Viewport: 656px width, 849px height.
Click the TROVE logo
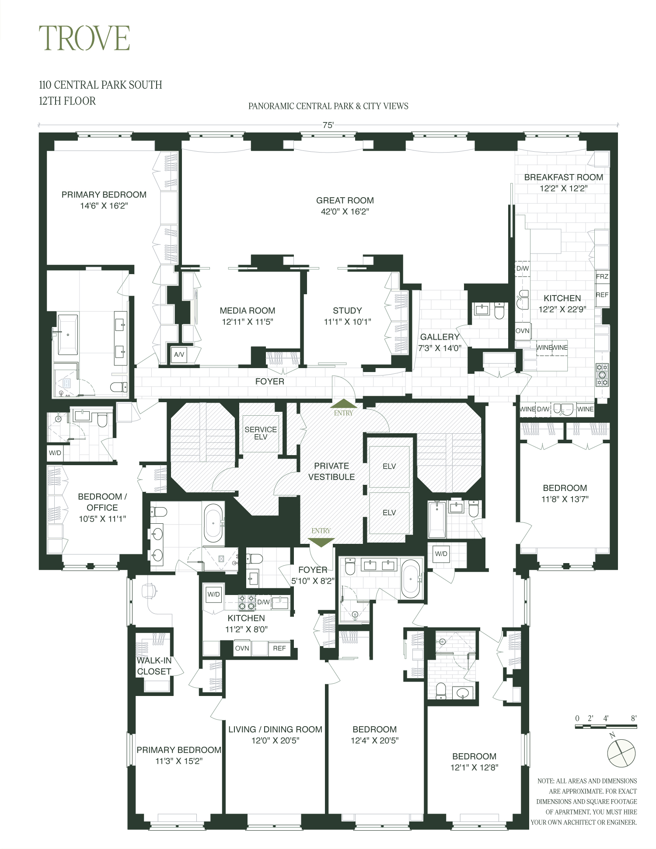click(84, 38)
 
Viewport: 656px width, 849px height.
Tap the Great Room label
click(345, 201)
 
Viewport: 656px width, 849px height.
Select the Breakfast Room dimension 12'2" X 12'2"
click(563, 189)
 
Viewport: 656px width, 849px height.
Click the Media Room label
click(247, 311)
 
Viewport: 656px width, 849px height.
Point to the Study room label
click(347, 311)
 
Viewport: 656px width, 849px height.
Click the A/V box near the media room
click(179, 355)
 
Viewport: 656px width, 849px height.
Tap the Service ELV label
click(261, 433)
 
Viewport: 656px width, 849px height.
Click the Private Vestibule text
click(331, 471)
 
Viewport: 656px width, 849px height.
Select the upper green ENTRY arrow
click(343, 404)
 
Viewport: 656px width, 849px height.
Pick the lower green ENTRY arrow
click(321, 542)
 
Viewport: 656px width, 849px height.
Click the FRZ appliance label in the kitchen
click(602, 276)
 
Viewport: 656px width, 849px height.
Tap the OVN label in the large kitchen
click(522, 331)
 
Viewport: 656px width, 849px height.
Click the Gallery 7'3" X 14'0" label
click(440, 342)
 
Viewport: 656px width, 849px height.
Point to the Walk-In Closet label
click(154, 666)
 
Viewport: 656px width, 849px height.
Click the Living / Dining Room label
click(275, 730)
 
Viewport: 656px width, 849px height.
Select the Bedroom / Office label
click(102, 502)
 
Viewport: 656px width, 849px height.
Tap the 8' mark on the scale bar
click(633, 718)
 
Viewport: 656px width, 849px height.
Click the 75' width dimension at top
click(328, 125)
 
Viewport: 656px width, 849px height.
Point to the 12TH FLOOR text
click(67, 101)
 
